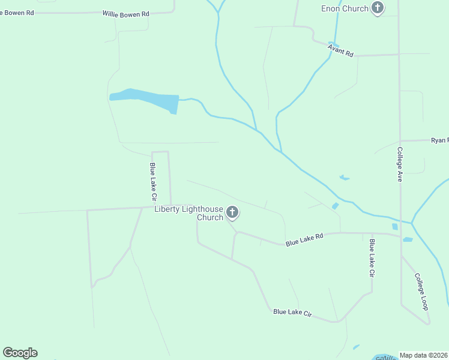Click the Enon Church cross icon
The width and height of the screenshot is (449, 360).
tap(377, 8)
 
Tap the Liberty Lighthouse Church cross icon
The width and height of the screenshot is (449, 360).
tap(232, 212)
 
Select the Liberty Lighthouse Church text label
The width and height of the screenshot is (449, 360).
tap(188, 213)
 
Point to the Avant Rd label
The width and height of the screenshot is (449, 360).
tap(341, 50)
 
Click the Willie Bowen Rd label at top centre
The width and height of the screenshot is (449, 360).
tap(125, 13)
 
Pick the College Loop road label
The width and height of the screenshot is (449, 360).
tap(421, 292)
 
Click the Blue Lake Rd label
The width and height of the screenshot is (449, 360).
tap(304, 239)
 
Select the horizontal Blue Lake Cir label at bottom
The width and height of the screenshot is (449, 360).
tap(293, 313)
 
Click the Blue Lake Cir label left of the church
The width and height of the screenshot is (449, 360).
tap(154, 181)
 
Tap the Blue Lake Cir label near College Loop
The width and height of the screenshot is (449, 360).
tap(372, 258)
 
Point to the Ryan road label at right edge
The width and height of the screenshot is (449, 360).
tap(439, 140)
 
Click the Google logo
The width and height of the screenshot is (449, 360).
tap(20, 353)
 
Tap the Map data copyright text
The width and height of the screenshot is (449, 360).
tap(424, 355)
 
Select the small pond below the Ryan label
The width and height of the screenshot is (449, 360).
tap(344, 178)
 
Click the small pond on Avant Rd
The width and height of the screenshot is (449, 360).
tap(334, 45)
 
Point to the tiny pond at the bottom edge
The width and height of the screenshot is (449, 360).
tap(356, 347)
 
